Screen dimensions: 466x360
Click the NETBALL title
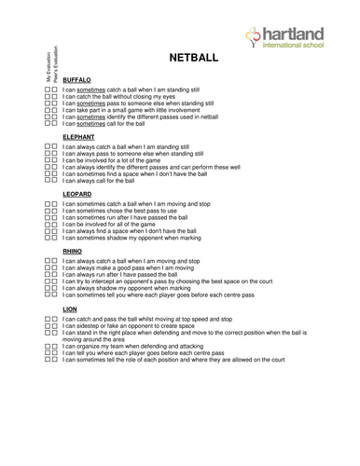tap(193, 58)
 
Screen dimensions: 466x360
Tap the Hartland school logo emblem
tap(255, 35)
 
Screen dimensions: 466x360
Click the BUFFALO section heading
tap(76, 80)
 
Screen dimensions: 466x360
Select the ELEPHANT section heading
tap(78, 137)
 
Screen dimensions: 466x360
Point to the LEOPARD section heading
tap(77, 194)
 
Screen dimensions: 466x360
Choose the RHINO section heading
tap(72, 251)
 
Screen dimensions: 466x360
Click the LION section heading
tap(70, 308)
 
